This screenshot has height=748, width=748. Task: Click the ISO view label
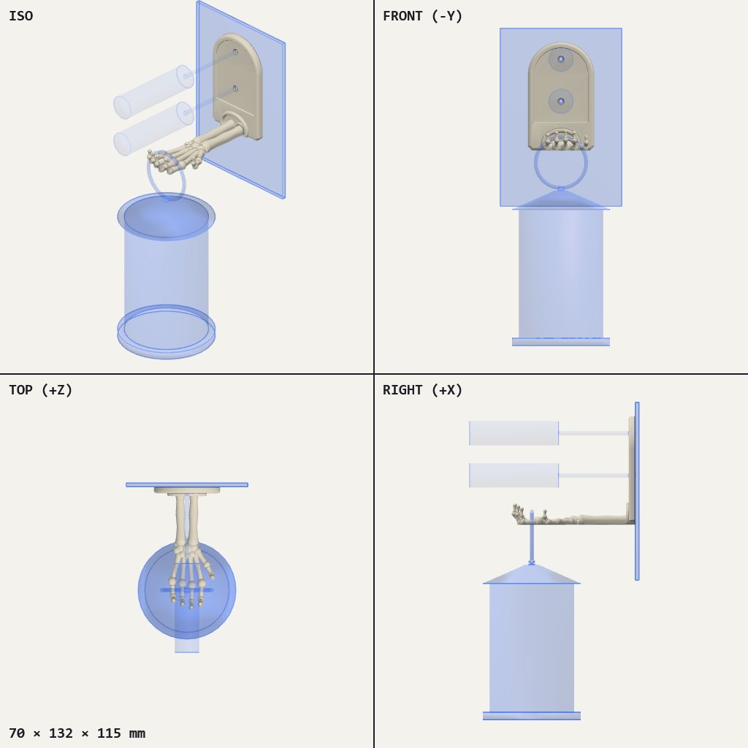coord(21,16)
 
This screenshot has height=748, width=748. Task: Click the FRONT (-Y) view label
coord(422,16)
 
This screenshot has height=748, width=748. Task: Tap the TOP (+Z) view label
coord(41,390)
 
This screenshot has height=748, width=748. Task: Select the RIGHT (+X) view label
coord(422,390)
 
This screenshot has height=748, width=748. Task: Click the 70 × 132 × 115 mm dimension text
coord(77,733)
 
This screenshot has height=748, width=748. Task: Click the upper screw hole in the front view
coord(561,60)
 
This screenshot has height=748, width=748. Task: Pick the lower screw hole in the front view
coord(561,102)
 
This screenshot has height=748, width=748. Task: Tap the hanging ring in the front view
coord(535,164)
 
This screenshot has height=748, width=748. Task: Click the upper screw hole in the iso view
coord(235,52)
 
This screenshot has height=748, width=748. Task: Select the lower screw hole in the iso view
coord(235,88)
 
